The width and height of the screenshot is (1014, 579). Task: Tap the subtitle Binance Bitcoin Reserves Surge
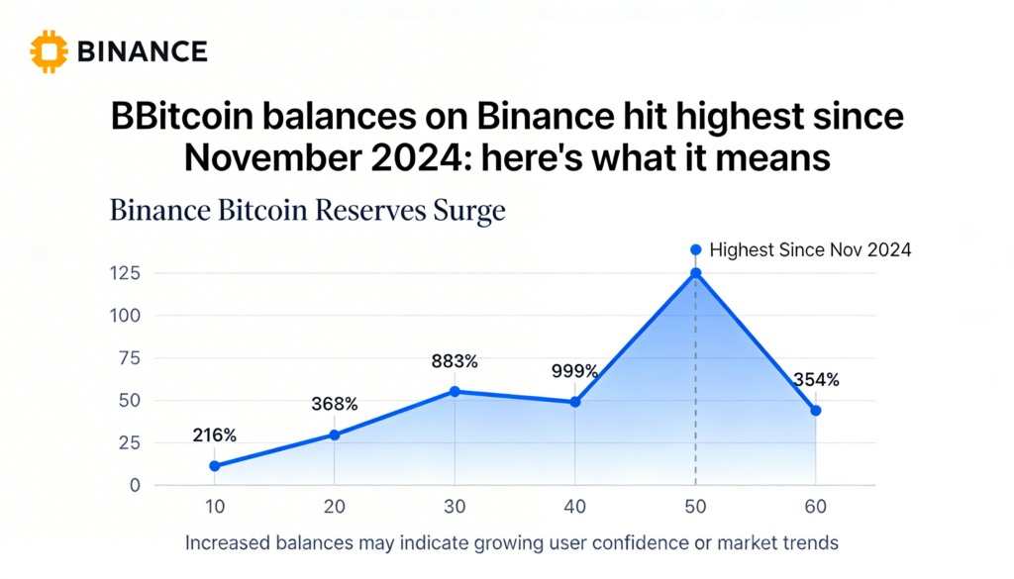tap(308, 210)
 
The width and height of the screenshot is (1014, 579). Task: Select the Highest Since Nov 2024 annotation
tap(810, 250)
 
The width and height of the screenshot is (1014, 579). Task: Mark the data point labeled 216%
tap(215, 465)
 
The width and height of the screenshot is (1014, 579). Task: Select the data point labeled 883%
tap(455, 391)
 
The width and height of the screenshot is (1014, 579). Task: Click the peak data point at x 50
tap(696, 273)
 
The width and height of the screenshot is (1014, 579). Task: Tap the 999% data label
tap(575, 371)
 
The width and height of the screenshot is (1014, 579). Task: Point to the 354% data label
tap(816, 379)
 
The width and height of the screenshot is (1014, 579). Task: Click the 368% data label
tap(335, 404)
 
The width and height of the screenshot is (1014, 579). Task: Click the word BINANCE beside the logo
tap(142, 51)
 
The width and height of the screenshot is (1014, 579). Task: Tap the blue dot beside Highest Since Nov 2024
tap(695, 250)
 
